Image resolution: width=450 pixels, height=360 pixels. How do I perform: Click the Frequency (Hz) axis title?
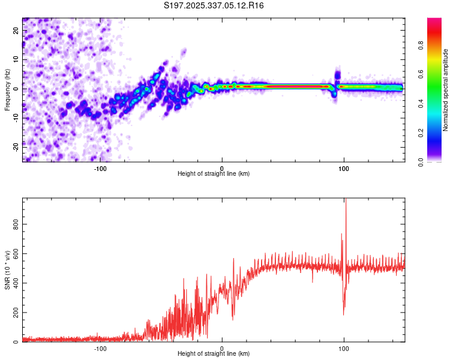click(7, 90)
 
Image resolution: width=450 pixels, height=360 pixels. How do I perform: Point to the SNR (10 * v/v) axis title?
click(7, 270)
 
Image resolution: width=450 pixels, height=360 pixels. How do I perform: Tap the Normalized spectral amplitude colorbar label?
click(446, 90)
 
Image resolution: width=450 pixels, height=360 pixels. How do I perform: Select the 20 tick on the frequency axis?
click(16, 31)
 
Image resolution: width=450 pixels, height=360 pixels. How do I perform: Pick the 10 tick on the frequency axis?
click(16, 59)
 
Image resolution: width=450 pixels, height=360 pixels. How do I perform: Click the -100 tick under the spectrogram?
click(100, 169)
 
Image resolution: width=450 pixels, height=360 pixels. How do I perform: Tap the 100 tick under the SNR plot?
click(344, 349)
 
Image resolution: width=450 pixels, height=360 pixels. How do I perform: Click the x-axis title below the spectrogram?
click(214, 174)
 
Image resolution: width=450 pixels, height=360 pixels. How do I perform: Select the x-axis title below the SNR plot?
click(214, 354)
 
